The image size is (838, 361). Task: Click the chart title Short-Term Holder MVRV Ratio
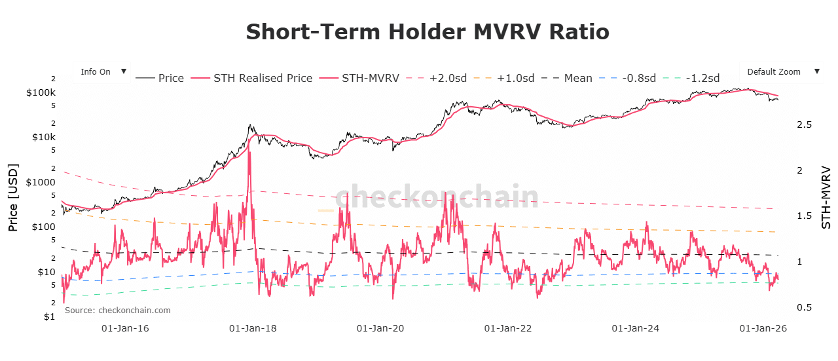(x=427, y=31)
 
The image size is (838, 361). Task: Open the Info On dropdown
(x=102, y=72)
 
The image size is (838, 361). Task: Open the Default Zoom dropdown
(x=781, y=72)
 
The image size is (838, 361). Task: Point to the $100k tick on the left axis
(x=40, y=92)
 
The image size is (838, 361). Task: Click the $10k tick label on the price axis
(x=43, y=137)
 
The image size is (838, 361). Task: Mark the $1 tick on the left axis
(x=48, y=317)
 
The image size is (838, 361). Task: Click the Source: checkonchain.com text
(x=117, y=311)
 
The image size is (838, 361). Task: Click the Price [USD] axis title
(x=13, y=197)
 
